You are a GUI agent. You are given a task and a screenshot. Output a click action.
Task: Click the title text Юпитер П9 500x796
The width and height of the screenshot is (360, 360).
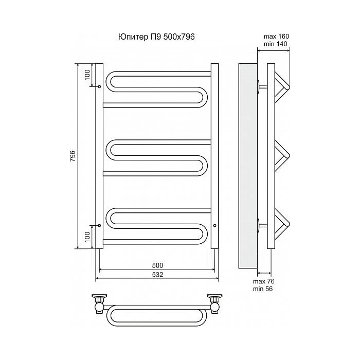(x=156, y=37)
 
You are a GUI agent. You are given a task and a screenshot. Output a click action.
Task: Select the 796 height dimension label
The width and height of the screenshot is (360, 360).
(x=73, y=156)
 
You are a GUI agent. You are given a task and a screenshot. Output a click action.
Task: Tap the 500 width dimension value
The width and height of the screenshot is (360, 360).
(x=157, y=265)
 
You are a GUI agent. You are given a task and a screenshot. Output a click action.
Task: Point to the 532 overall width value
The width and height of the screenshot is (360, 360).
(x=157, y=274)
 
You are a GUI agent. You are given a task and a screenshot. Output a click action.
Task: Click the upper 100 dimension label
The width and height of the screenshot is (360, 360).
(x=87, y=75)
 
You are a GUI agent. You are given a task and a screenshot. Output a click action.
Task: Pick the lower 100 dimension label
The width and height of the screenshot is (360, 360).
(x=87, y=237)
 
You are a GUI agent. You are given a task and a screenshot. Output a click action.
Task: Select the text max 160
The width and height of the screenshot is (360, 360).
(x=277, y=37)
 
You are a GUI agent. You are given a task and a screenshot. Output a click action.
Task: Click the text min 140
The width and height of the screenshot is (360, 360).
(x=276, y=44)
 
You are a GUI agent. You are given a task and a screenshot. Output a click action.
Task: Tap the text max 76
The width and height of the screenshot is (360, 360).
(x=264, y=281)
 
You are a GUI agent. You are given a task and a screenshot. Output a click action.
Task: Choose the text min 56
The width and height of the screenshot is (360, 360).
(x=263, y=289)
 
